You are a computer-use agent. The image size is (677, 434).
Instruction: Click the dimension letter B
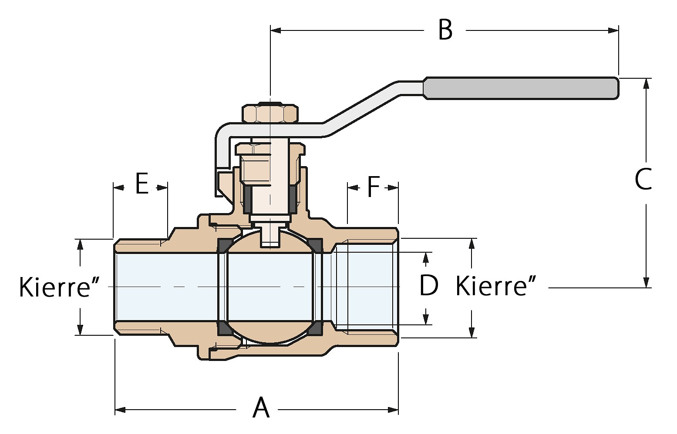coord(445,30)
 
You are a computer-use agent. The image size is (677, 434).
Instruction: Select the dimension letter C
coord(643,179)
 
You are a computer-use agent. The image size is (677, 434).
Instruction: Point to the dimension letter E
coord(141,184)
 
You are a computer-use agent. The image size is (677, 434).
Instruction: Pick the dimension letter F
coord(374,187)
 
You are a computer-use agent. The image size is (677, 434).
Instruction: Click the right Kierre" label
coord(496,287)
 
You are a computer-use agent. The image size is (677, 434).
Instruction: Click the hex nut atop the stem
coord(270,114)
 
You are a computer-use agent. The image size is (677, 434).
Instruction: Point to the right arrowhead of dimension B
coord(614,30)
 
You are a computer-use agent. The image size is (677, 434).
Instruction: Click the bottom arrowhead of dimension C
coord(647,282)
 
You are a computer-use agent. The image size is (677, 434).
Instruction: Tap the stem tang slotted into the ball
coord(270,236)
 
